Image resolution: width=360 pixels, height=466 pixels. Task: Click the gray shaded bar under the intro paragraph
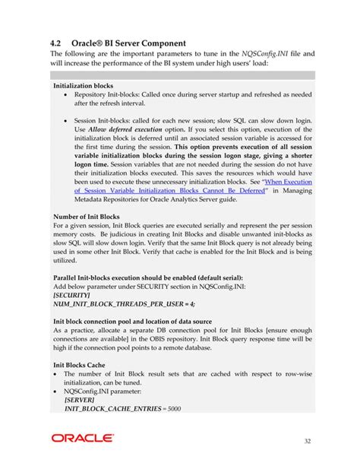pyautogui.click(x=183, y=75)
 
